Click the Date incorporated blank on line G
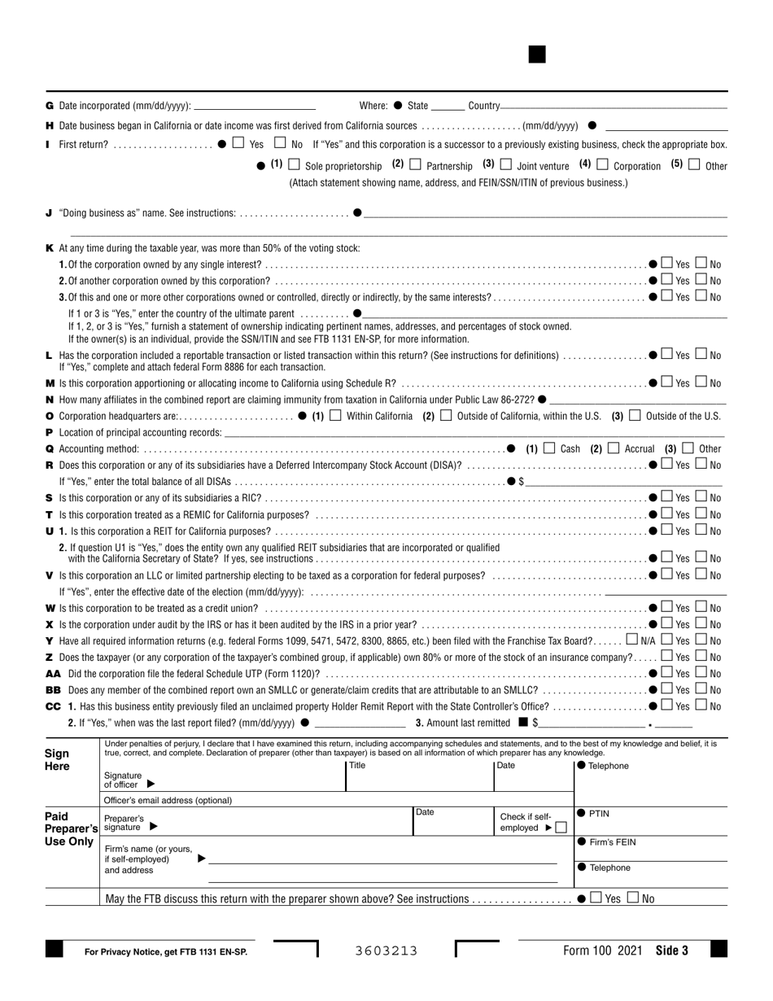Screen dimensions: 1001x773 [x=255, y=106]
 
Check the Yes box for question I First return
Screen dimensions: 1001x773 [x=237, y=143]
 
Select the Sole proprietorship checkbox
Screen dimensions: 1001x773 [x=295, y=164]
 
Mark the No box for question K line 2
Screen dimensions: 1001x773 [x=701, y=280]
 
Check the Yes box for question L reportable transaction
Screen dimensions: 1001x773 [x=667, y=355]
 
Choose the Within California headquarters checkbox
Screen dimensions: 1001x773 [x=335, y=415]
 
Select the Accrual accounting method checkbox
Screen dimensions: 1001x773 [x=614, y=448]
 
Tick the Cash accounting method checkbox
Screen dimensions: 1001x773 [x=549, y=448]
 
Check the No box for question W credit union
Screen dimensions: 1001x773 [x=701, y=608]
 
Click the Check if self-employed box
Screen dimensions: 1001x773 [x=561, y=827]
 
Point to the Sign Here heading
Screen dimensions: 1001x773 [x=57, y=760]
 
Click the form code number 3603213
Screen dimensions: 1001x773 [x=386, y=951]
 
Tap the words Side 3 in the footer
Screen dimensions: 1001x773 [x=671, y=951]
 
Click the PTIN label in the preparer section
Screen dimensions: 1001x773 [x=598, y=813]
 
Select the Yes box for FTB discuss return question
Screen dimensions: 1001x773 [x=596, y=898]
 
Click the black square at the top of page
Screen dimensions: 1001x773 [x=537, y=55]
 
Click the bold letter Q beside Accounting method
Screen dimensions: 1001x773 [x=50, y=448]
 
